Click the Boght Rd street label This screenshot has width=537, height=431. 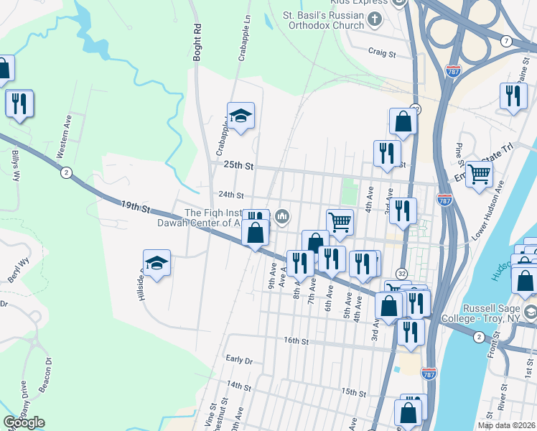(197, 45)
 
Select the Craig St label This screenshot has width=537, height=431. (382, 52)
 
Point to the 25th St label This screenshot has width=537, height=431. (239, 165)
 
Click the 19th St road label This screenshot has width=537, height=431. (134, 208)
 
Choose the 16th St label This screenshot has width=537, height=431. (294, 340)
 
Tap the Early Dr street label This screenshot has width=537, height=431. (239, 359)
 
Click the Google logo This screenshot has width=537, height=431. (24, 422)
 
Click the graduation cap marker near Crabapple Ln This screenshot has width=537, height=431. (241, 116)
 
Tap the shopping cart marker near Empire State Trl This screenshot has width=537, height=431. (479, 173)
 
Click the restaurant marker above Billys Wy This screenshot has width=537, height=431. (19, 103)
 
